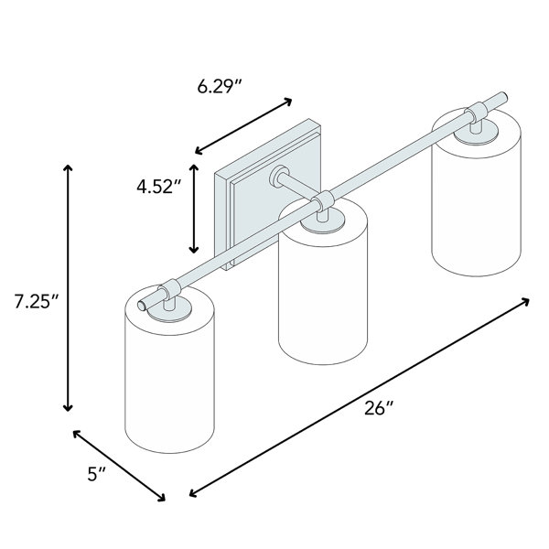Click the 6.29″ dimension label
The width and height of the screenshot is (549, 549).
pyautogui.click(x=220, y=87)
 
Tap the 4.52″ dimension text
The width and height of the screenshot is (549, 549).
pyautogui.click(x=159, y=187)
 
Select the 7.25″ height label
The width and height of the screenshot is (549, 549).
pyautogui.click(x=37, y=301)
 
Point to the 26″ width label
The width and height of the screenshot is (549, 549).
pyautogui.click(x=379, y=408)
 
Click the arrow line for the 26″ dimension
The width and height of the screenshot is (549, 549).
pyautogui.click(x=359, y=397)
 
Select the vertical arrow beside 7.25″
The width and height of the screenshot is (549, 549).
pyautogui.click(x=68, y=287)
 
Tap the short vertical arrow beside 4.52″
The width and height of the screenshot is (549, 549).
pyautogui.click(x=194, y=209)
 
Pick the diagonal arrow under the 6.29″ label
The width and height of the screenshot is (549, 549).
pyautogui.click(x=243, y=126)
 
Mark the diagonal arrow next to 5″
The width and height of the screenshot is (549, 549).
pyautogui.click(x=119, y=466)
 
